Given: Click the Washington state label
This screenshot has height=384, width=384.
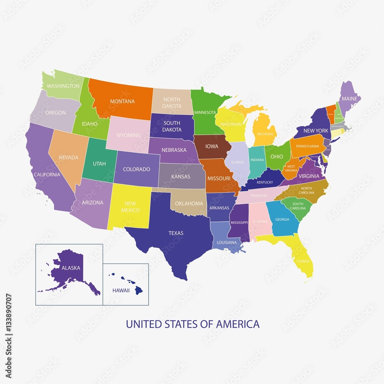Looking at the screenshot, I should (63, 86).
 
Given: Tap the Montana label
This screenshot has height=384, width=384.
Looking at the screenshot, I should (122, 101).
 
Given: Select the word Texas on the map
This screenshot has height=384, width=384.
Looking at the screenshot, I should (176, 233).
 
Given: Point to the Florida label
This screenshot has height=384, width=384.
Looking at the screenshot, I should (303, 262).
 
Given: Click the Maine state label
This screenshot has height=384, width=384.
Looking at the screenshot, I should (349, 99).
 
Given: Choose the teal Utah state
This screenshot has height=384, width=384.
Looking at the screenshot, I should (99, 164).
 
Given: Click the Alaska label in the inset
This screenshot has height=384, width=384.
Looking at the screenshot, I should (71, 268).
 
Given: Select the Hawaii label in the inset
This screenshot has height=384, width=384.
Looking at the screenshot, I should (121, 291).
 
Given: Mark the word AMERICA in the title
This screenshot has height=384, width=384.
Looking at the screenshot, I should (238, 324).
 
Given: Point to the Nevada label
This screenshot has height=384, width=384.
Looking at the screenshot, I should (68, 157).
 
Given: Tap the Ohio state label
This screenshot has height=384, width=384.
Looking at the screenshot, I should (277, 157).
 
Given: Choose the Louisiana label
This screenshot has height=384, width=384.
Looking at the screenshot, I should (227, 243).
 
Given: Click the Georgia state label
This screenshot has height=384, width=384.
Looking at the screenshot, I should (282, 220).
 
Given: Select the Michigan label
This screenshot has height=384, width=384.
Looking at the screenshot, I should (265, 134).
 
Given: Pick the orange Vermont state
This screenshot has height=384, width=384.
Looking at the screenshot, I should (331, 114).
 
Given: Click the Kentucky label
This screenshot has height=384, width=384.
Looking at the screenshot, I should (265, 182).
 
